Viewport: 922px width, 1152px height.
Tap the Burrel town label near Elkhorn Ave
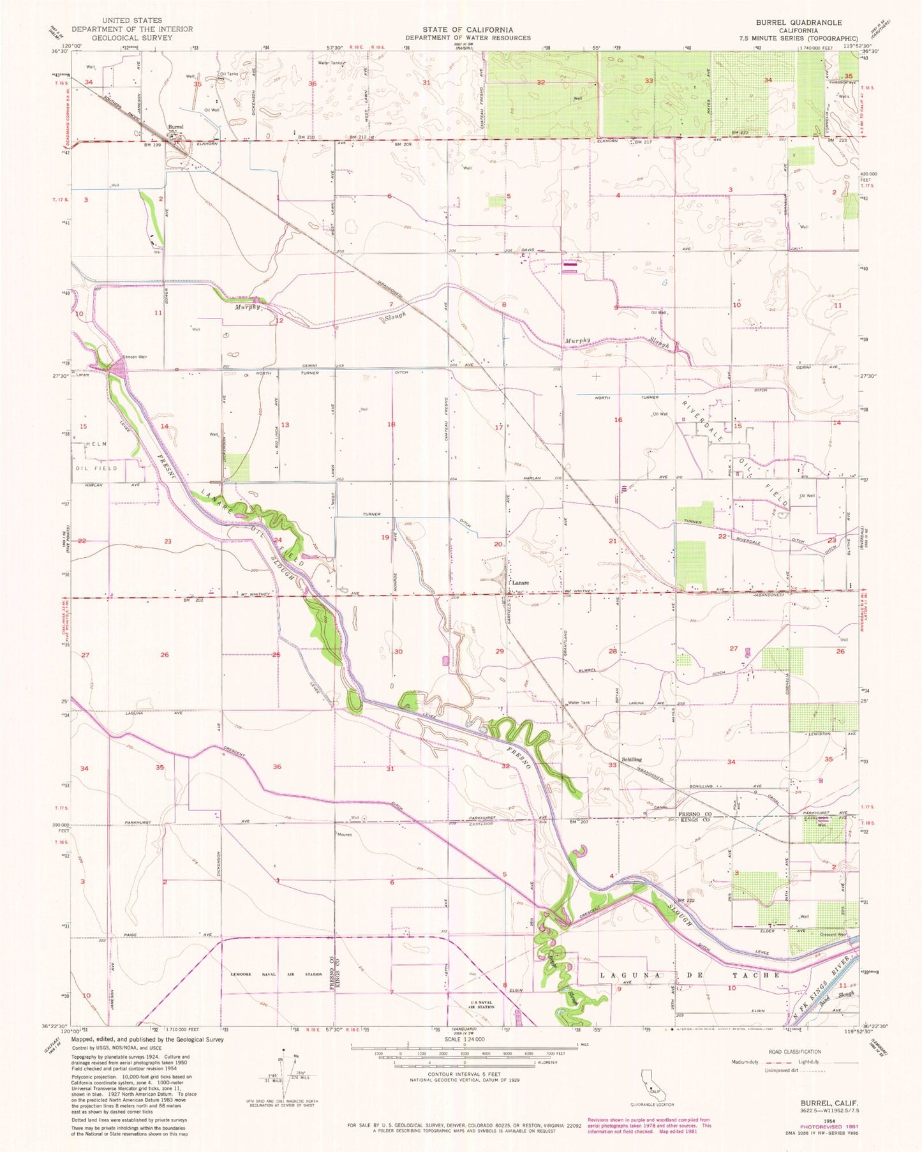(175, 127)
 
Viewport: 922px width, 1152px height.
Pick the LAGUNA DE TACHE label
(689, 975)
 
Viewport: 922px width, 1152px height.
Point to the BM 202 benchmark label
(193, 600)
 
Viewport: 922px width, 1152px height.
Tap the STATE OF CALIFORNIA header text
(468, 29)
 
